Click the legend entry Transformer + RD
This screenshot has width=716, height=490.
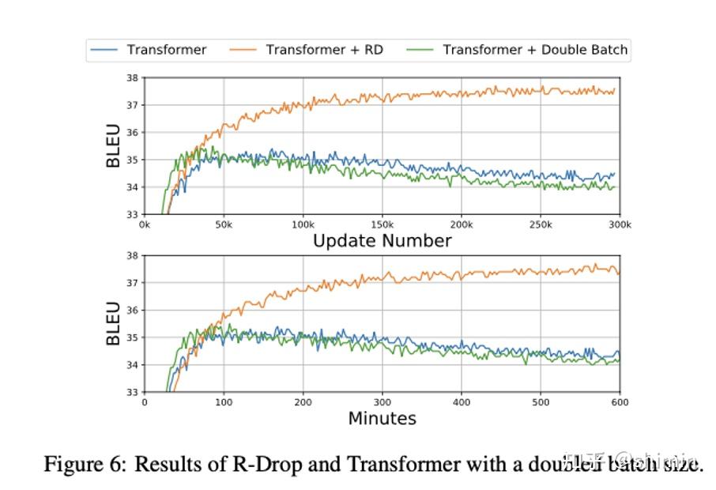pos(324,50)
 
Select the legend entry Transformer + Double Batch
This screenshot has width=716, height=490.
pos(535,50)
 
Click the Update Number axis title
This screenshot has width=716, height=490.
pos(382,241)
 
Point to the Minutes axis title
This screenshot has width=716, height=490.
pos(382,418)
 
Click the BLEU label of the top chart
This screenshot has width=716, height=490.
pos(114,146)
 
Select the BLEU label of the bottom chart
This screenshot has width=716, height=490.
pos(114,323)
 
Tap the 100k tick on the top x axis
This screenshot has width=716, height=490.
pos(303,224)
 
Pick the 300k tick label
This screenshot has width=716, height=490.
pos(620,224)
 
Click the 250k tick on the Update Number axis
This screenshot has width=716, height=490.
pos(541,224)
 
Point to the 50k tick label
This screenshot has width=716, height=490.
pos(224,224)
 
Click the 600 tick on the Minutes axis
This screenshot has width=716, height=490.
pos(620,401)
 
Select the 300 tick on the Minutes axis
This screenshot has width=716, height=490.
pos(382,401)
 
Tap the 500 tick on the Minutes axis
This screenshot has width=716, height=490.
pos(541,401)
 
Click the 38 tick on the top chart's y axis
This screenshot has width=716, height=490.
pos(133,77)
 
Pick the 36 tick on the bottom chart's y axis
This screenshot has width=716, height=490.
pos(133,310)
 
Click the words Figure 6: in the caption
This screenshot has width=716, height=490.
pos(85,464)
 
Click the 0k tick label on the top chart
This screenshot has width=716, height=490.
pos(145,224)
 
